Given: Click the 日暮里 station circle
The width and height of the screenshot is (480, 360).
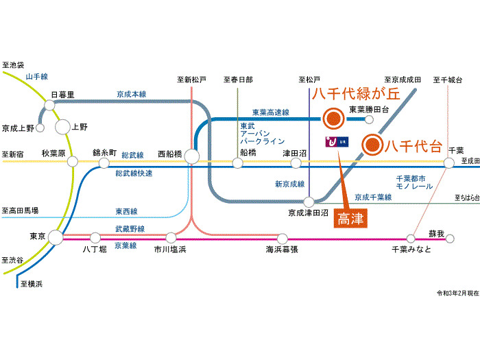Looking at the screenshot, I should coord(49,105).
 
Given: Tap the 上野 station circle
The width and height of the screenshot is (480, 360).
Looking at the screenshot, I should coord(62,126).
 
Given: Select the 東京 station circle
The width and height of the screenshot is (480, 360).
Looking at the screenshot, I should coord(55,237).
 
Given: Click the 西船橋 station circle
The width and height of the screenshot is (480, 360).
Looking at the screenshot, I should coord(191,156).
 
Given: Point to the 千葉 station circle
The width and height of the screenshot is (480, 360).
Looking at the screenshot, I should coord(448,163).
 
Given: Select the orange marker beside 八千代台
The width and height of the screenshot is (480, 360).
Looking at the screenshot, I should coord(372,144).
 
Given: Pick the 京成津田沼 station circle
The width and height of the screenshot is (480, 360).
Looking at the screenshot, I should coord(310,202).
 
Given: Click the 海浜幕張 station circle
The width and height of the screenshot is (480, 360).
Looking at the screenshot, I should coord(281,239).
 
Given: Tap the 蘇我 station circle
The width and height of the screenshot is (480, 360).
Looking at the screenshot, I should coord(450,239).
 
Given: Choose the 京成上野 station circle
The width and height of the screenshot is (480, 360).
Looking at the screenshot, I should coord(40,128).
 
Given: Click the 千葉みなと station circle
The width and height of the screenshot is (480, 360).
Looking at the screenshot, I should coord(411,239).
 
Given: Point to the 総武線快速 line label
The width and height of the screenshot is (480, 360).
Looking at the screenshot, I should coord(134,173).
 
